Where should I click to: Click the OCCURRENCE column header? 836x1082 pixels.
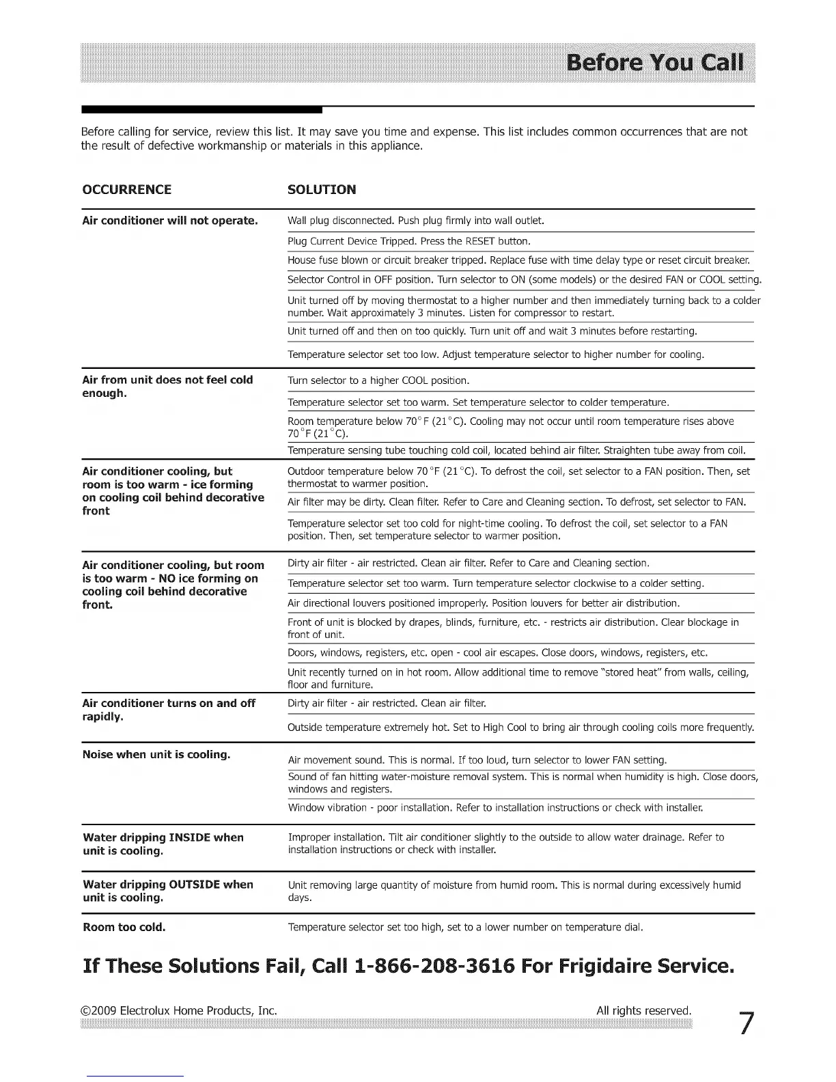click(126, 190)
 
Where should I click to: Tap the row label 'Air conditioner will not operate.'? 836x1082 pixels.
click(169, 221)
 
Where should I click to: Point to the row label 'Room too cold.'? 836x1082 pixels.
click(124, 928)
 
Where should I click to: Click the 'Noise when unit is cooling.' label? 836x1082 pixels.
click(156, 755)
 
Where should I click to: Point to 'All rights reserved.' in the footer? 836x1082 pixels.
click(643, 1010)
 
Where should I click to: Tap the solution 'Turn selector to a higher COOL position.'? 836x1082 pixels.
click(378, 380)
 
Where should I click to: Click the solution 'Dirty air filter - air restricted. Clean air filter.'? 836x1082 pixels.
click(387, 703)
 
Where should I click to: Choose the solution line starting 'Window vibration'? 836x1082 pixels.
click(495, 807)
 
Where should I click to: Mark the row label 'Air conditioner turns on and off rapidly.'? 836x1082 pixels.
click(168, 710)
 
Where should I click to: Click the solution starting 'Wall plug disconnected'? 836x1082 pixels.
click(415, 221)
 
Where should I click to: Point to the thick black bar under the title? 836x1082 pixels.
click(201, 109)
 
